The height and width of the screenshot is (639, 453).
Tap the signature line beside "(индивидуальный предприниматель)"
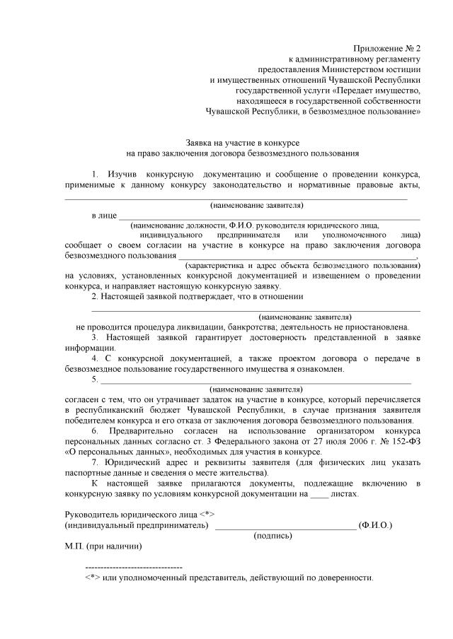pyautogui.click(x=285, y=525)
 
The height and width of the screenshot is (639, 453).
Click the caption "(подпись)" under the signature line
pyautogui.click(x=273, y=536)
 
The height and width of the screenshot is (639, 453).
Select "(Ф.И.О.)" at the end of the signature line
pyautogui.click(x=376, y=525)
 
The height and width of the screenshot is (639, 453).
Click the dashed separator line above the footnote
pyautogui.click(x=133, y=568)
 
